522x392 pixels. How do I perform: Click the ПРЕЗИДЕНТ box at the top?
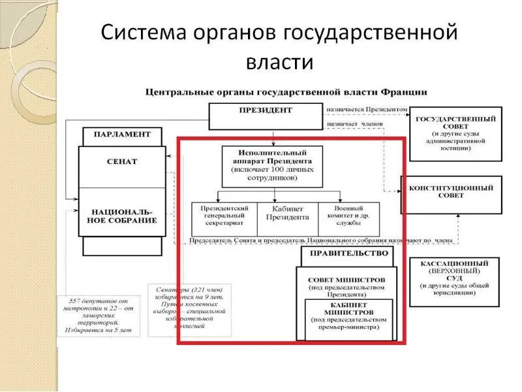[266, 116]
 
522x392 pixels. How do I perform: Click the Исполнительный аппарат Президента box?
[272, 165]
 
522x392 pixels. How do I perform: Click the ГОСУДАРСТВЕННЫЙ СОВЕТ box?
[455, 133]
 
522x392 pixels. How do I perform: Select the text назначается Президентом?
[367, 109]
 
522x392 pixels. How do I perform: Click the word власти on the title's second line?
[279, 63]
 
